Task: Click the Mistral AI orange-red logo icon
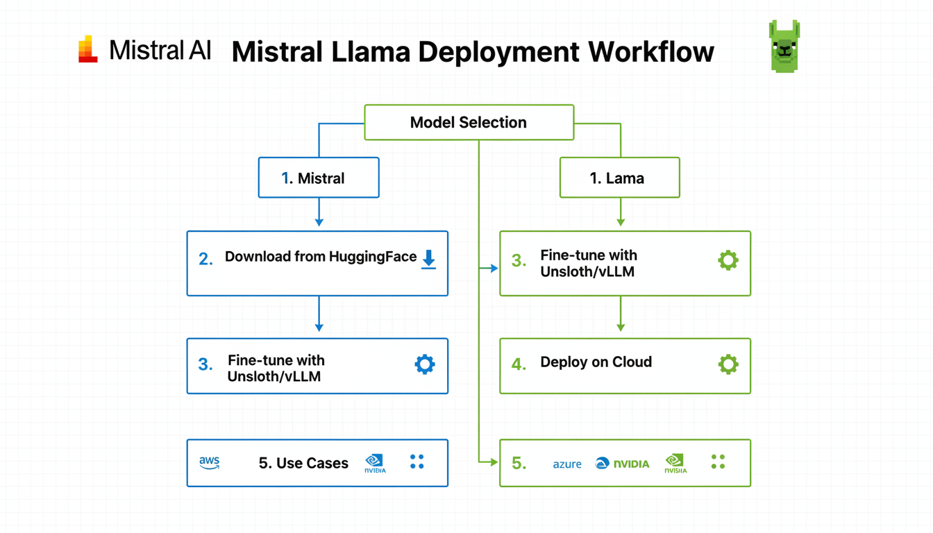pos(88,49)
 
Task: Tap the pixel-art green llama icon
pos(784,46)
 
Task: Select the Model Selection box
pos(469,123)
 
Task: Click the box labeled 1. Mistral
pos(319,178)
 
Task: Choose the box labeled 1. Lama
pos(620,178)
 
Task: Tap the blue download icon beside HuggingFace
pos(429,260)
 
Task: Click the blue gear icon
pos(425,364)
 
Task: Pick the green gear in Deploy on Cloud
pos(728,364)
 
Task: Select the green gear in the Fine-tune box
pos(728,260)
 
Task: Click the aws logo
pos(209,463)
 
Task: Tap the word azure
pos(567,464)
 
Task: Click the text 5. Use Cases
pos(303,463)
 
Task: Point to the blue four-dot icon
pos(417,462)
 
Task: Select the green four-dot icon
pos(718,462)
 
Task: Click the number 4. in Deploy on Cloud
pos(519,364)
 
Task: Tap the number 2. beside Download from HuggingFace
pos(205,260)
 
